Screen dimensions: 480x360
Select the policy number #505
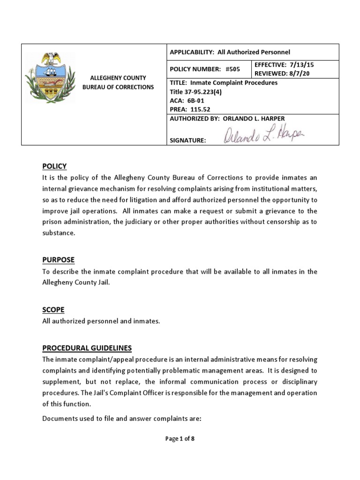pos(232,69)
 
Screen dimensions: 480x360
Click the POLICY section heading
pos(54,166)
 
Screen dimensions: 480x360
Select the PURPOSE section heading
pos(58,260)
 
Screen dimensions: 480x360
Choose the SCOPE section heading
pos(53,310)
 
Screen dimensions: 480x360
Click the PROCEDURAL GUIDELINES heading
pos(87,348)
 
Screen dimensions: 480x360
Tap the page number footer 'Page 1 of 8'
pos(180,439)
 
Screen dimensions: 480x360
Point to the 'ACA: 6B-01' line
pos(186,100)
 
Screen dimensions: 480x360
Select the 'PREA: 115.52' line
pos(190,109)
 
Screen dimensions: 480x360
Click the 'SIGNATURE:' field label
pos(188,140)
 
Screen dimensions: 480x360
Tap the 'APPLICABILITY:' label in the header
pos(192,52)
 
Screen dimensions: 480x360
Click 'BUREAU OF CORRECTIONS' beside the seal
pos(118,87)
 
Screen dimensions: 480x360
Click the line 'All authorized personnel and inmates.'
pos(101,321)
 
